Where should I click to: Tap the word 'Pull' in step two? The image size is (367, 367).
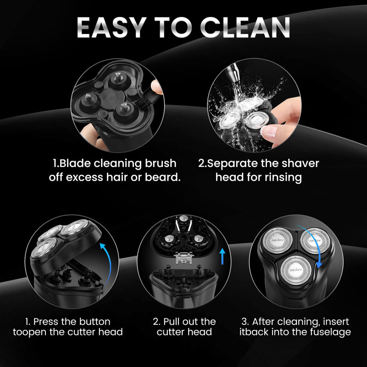pyautogui.click(x=178, y=321)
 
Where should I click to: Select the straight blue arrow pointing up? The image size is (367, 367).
pyautogui.click(x=223, y=256)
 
